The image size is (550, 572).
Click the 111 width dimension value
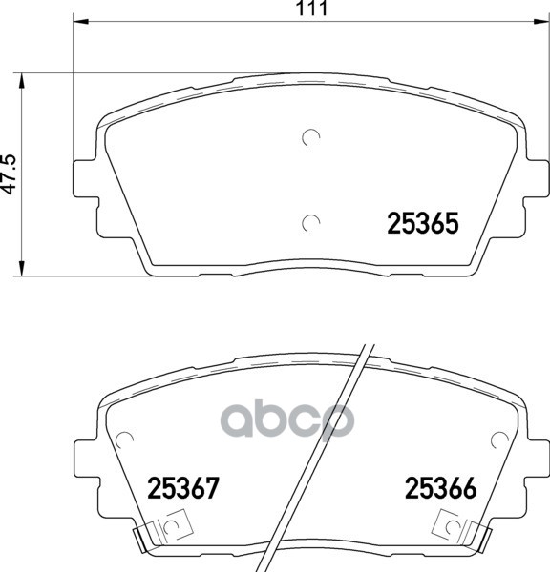pyautogui.click(x=311, y=8)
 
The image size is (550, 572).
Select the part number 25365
pyautogui.click(x=422, y=223)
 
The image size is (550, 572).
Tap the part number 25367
pyautogui.click(x=183, y=488)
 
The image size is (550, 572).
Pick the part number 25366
pyautogui.click(x=441, y=488)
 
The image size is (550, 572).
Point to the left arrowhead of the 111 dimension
pyautogui.click(x=81, y=22)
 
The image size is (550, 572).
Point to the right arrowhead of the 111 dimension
pyautogui.click(x=541, y=22)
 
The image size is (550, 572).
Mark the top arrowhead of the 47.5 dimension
pyautogui.click(x=22, y=81)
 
